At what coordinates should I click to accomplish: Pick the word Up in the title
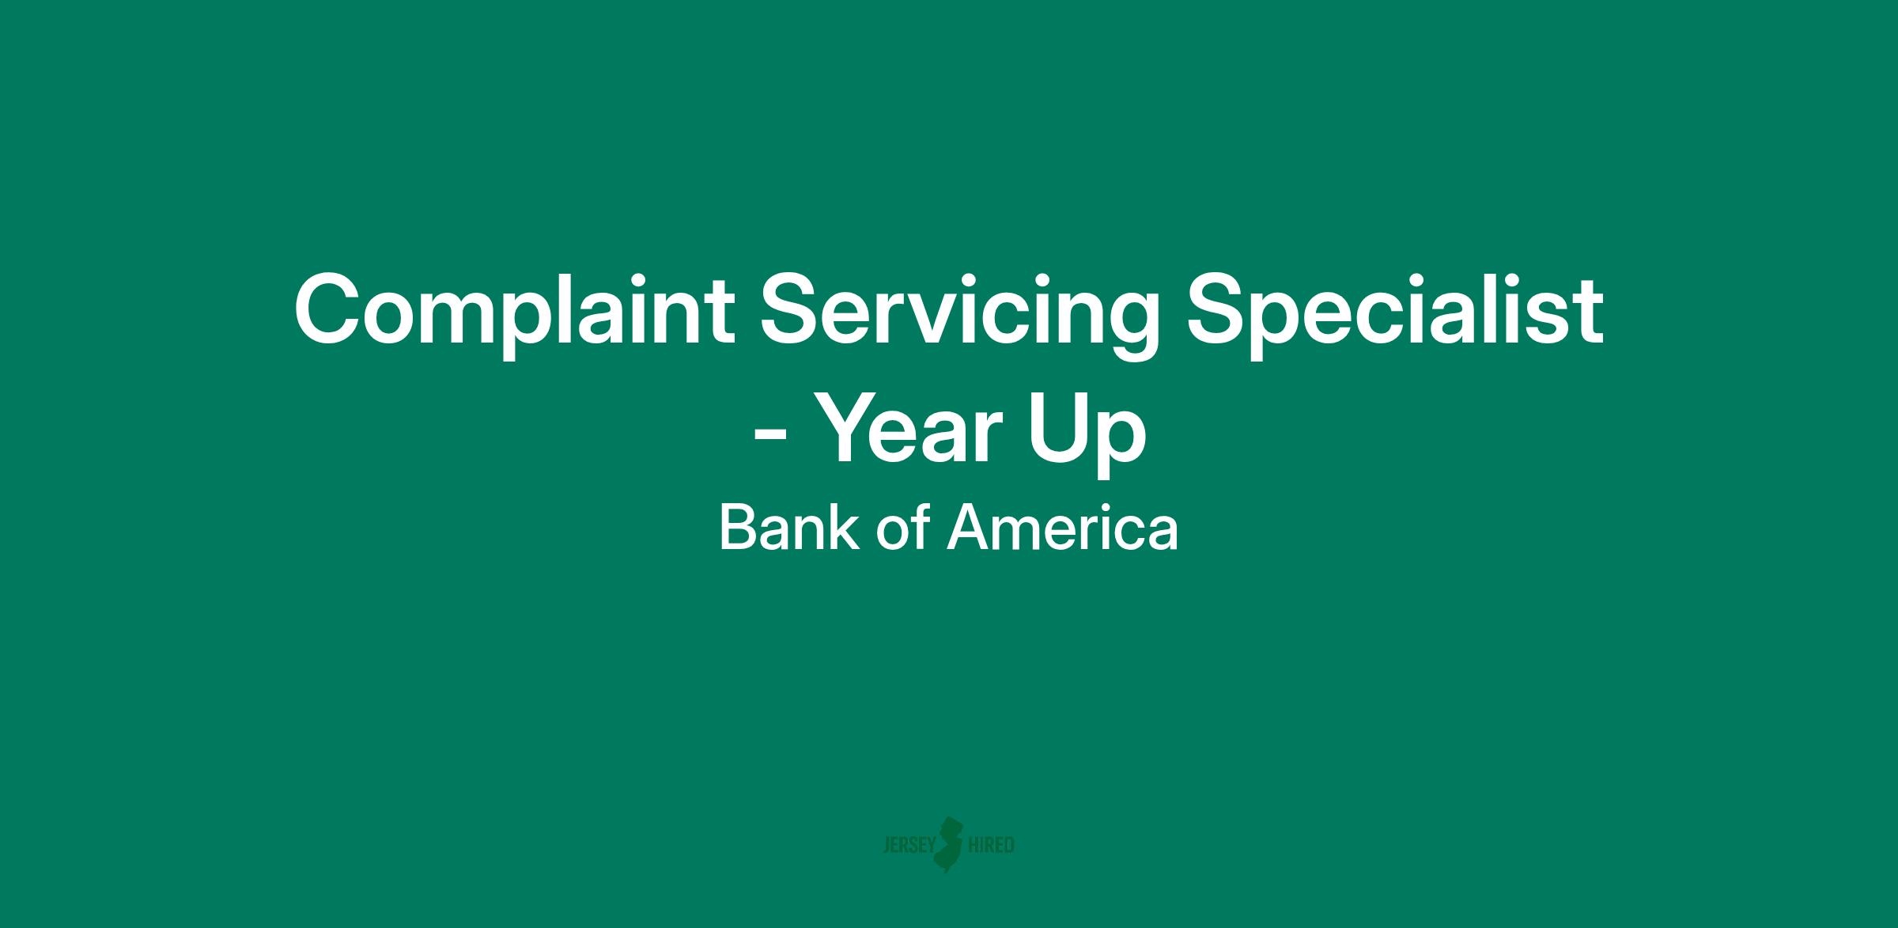[x=1087, y=437]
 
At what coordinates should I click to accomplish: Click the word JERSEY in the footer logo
[x=909, y=846]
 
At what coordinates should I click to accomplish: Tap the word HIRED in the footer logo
[x=991, y=846]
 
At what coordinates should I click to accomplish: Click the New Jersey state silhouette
[x=949, y=844]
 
